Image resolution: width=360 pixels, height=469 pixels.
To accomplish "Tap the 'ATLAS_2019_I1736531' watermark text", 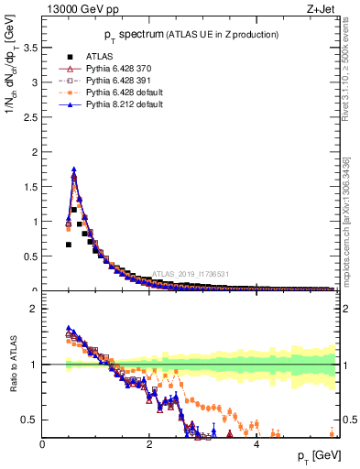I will click(192, 274).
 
